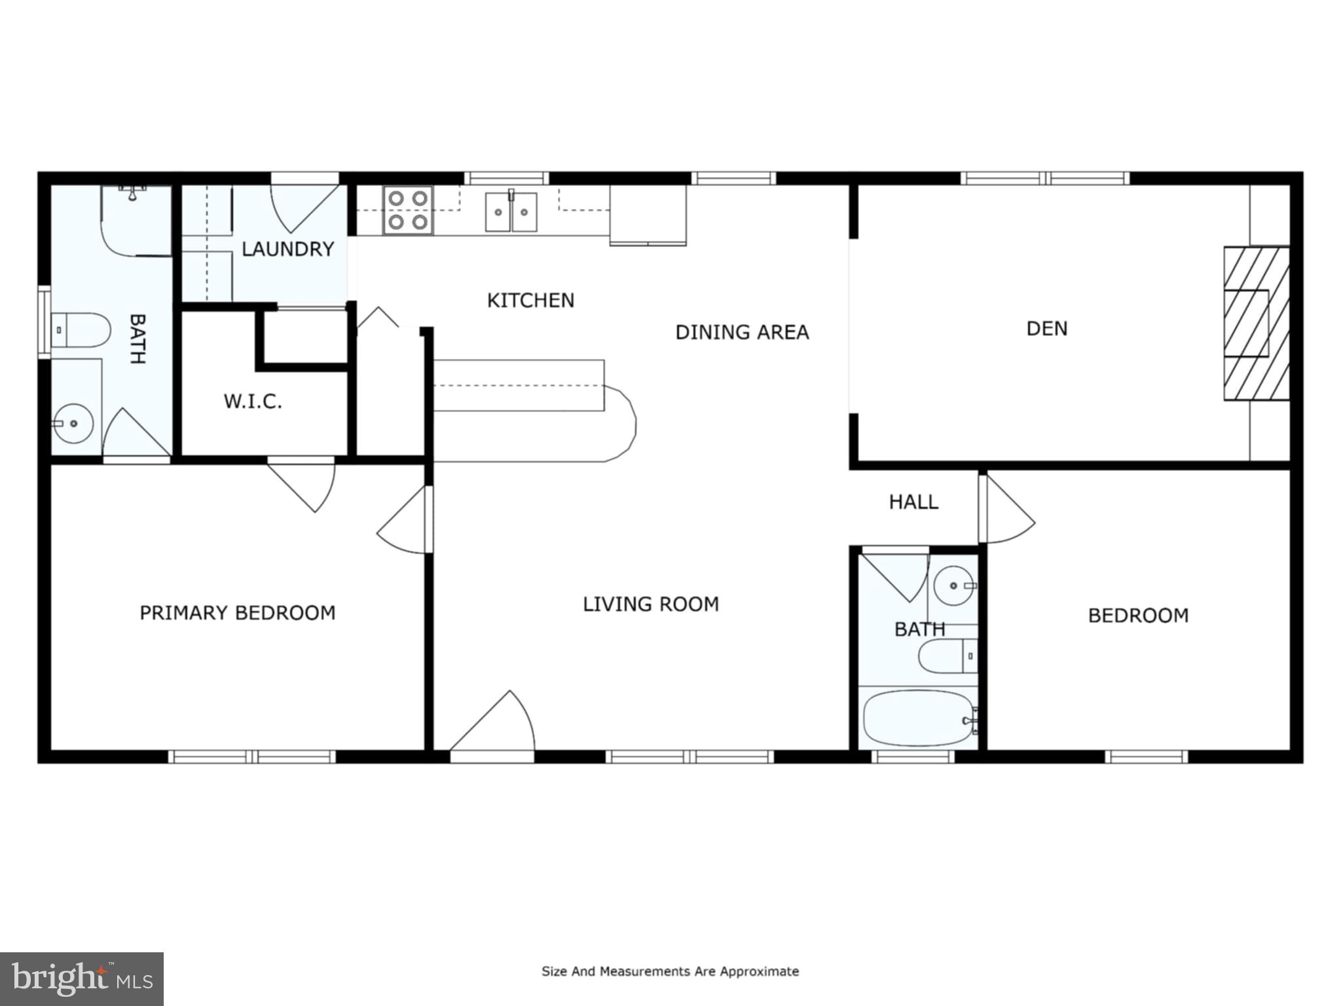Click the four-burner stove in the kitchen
[408, 210]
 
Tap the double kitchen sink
[511, 212]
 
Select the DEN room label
[1046, 328]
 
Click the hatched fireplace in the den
[1255, 324]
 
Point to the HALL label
[913, 502]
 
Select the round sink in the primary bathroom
[73, 423]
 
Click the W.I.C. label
[253, 401]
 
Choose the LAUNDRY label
[287, 249]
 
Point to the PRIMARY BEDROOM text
[238, 612]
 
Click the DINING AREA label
[742, 332]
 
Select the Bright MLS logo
[82, 978]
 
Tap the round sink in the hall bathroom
[953, 585]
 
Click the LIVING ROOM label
[651, 603]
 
